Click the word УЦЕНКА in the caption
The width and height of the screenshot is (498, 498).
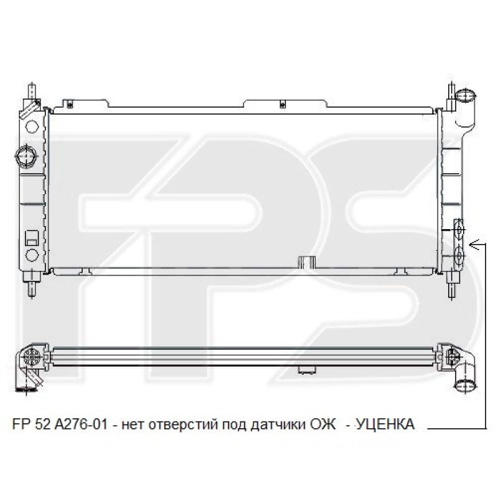[x=384, y=425]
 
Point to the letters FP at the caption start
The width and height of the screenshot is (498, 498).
[x=21, y=425]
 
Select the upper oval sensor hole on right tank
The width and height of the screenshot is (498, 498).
[x=459, y=230]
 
